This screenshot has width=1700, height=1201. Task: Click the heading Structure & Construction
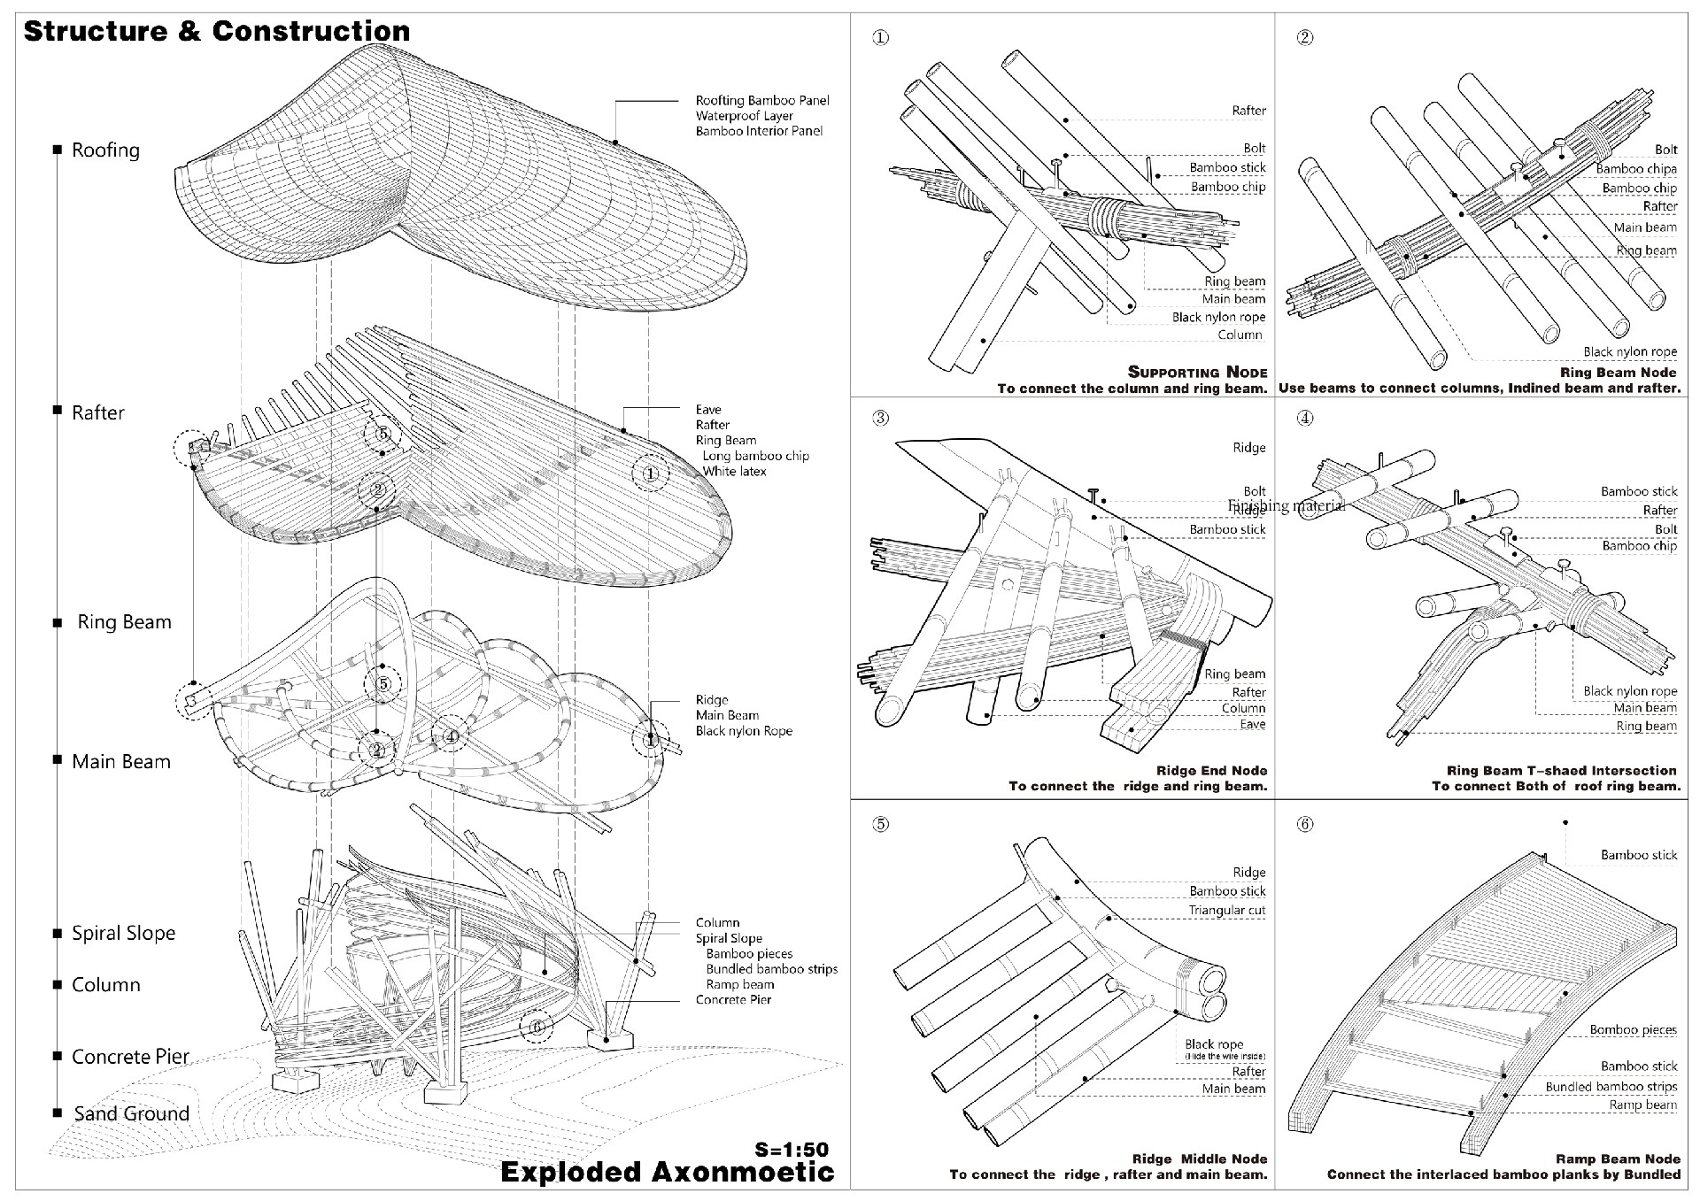[216, 32]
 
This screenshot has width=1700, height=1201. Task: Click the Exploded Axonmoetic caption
[667, 1172]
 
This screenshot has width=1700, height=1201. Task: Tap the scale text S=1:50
[792, 1150]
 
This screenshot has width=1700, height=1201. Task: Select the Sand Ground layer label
[131, 1113]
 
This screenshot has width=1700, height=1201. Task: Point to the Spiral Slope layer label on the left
[123, 933]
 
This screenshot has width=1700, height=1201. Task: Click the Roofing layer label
[105, 150]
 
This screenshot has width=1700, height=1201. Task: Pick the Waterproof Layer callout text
[744, 116]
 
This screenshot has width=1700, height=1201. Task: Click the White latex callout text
[734, 472]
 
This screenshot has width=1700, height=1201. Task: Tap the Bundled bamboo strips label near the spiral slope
[771, 969]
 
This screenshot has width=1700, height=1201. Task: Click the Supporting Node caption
[1197, 373]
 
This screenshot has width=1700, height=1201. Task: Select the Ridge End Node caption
[1211, 771]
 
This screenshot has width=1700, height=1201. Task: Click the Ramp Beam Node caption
[1618, 1159]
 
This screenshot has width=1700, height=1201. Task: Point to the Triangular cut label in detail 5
[1226, 910]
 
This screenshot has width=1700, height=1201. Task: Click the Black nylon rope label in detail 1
[1218, 317]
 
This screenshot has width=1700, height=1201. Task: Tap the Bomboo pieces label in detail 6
[1633, 1029]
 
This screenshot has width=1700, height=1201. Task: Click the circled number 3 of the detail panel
[880, 418]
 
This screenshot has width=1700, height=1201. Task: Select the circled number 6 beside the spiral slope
[537, 1027]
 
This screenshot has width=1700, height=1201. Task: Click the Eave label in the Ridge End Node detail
[1252, 724]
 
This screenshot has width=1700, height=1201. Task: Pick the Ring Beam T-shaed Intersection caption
[1561, 771]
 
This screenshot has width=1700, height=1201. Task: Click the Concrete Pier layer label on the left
[130, 1057]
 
